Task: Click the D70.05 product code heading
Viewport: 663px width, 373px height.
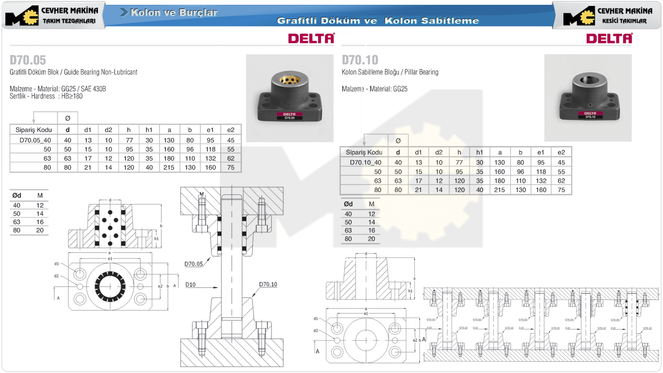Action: pos(28,59)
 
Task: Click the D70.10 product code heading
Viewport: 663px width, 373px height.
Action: pos(360,59)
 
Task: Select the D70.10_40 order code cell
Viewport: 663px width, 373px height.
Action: pos(365,163)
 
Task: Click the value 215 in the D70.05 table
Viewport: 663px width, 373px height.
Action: pos(169,167)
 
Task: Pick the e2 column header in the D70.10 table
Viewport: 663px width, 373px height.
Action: pos(561,152)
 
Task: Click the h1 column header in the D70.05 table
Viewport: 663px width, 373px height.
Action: pos(149,129)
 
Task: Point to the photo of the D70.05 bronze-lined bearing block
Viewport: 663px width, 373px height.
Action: pos(289,98)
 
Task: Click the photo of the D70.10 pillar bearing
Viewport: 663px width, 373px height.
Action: pos(587,98)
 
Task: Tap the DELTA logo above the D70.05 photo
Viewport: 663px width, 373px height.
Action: pos(311,38)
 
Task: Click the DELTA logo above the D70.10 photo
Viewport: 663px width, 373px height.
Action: pos(609,38)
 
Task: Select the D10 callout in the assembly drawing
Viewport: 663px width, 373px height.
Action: pos(191,285)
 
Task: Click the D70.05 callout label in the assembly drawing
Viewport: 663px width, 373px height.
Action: pos(194,264)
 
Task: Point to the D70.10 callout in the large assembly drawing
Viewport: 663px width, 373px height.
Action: pos(268,285)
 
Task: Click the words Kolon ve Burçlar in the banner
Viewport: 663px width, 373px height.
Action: pos(173,12)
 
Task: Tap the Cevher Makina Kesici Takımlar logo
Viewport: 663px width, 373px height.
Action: pos(607,15)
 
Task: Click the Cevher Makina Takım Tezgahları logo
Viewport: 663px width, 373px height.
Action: pos(53,15)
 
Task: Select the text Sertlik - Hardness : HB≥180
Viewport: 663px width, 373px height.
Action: pos(46,96)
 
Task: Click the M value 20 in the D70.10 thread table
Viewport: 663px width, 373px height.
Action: pos(371,239)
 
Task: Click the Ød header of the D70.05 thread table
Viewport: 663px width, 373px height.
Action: pos(17,196)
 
